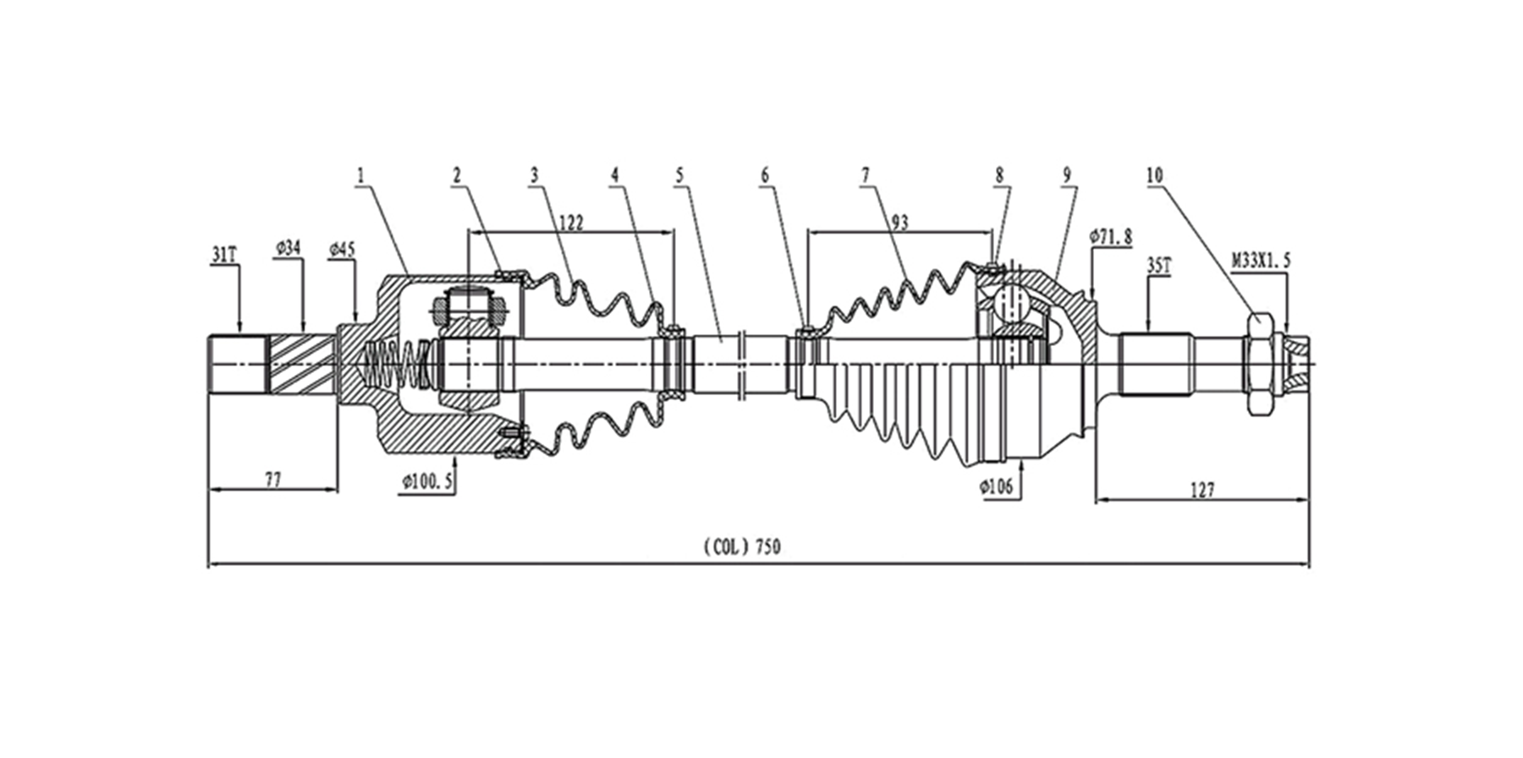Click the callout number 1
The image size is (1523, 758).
[x=360, y=175]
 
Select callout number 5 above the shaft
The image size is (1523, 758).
[x=679, y=175]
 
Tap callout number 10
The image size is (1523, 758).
[x=1155, y=175]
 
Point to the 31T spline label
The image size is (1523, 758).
[x=224, y=254]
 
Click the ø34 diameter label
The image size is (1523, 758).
[x=289, y=247]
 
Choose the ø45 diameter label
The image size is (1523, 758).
[x=342, y=249]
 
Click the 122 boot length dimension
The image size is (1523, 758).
[x=572, y=222]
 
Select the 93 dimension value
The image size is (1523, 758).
[x=899, y=222]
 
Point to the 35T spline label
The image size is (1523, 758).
[x=1158, y=266]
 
